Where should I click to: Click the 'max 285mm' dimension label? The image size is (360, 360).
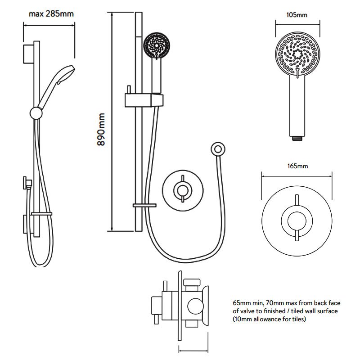coord(51,13)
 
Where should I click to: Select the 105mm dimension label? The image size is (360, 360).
coord(297,15)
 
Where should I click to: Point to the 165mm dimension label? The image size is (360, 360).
coord(297,166)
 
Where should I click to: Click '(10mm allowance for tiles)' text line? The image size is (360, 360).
coord(270,319)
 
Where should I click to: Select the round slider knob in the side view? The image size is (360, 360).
coord(35,112)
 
